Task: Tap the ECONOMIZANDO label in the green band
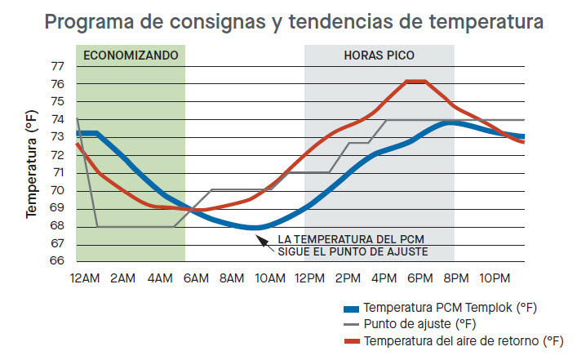pos(130,56)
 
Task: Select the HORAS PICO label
pos(379,56)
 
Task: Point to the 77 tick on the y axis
pos(58,66)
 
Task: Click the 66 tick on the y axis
pos(58,261)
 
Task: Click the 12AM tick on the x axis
pos(85,279)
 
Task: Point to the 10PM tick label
pos(495,279)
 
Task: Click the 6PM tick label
pos(419,279)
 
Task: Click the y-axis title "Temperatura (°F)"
pos(33,164)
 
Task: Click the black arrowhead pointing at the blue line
pos(260,238)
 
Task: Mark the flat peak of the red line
pos(416,82)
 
